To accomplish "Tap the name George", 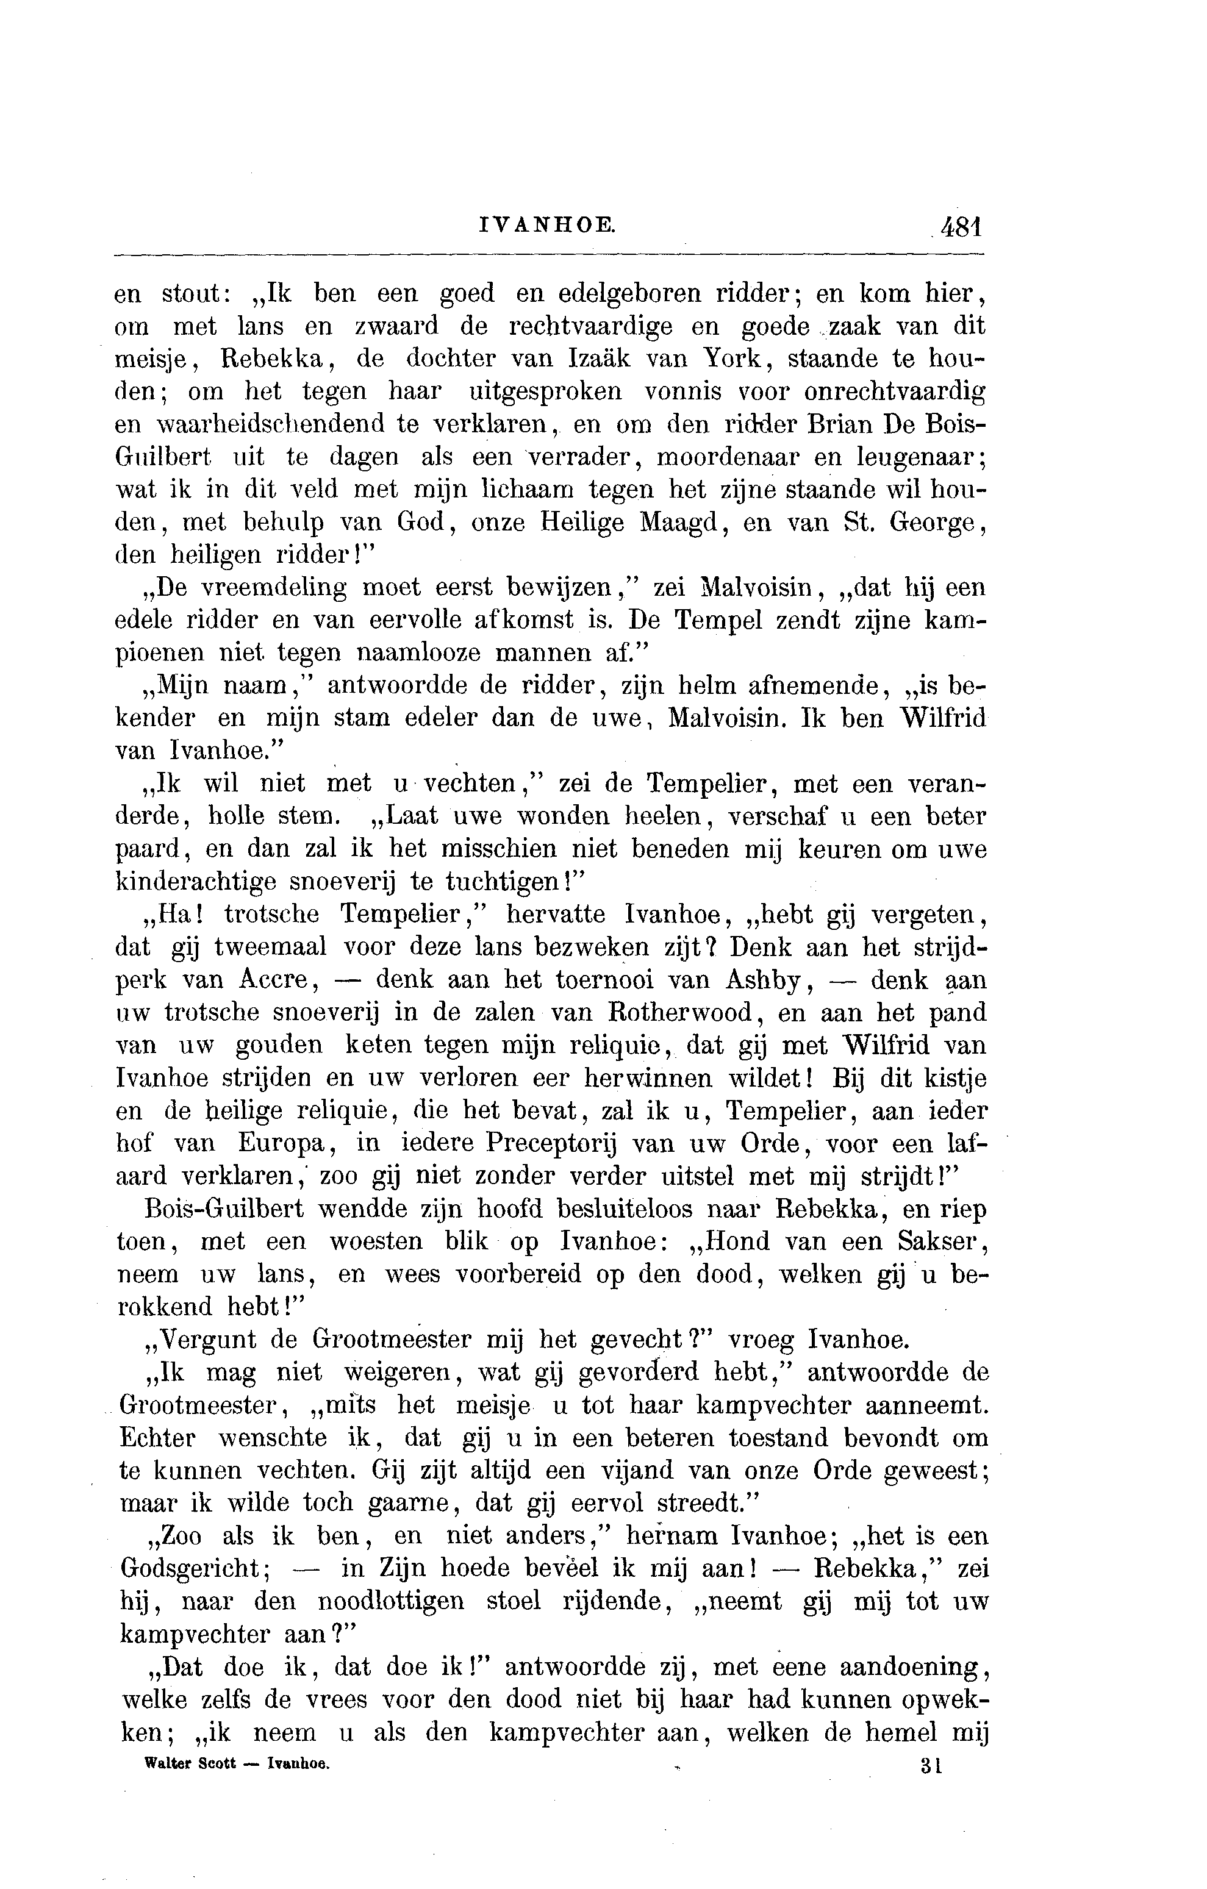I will tap(935, 523).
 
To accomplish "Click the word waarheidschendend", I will tap(268, 424).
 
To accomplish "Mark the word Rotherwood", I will tap(673, 1013).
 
